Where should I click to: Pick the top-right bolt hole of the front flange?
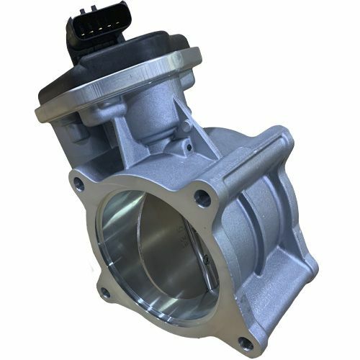click(205, 194)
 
